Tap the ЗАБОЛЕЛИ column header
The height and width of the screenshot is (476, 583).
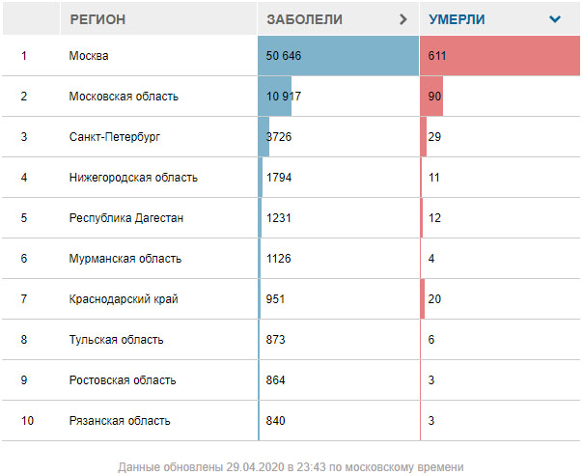pyautogui.click(x=304, y=19)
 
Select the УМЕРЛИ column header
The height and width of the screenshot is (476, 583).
pyautogui.click(x=457, y=19)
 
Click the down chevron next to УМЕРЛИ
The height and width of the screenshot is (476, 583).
pyautogui.click(x=554, y=19)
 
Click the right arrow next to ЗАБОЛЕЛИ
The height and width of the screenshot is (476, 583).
pyautogui.click(x=403, y=19)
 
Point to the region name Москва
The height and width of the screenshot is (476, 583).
pyautogui.click(x=89, y=56)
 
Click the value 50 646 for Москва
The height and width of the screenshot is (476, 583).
pyautogui.click(x=284, y=56)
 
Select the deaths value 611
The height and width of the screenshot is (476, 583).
pyautogui.click(x=437, y=56)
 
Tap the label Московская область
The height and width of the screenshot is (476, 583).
pyautogui.click(x=124, y=97)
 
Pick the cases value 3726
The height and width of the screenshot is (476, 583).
pyautogui.click(x=279, y=137)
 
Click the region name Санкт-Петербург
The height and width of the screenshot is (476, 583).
pyautogui.click(x=115, y=137)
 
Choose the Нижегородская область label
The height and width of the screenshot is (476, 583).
pyautogui.click(x=133, y=178)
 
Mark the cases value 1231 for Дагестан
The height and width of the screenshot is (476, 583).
pyautogui.click(x=278, y=218)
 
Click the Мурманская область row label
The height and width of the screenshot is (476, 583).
pyautogui.click(x=125, y=259)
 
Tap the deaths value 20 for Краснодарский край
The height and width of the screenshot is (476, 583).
pyautogui.click(x=434, y=299)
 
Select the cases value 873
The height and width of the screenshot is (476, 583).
pyautogui.click(x=275, y=340)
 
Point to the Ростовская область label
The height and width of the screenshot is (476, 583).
pyautogui.click(x=123, y=380)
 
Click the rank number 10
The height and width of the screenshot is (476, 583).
pyautogui.click(x=26, y=421)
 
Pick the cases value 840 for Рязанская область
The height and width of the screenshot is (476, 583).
pyautogui.click(x=275, y=421)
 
